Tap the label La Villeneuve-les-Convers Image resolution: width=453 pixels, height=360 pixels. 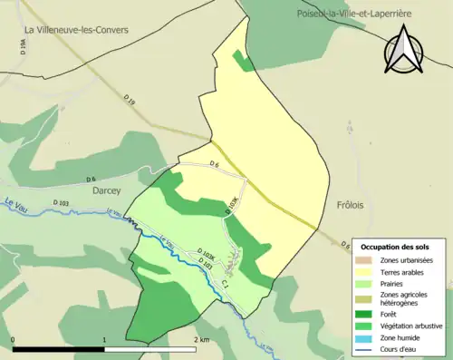76,29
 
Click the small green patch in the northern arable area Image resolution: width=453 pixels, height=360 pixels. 242,61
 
